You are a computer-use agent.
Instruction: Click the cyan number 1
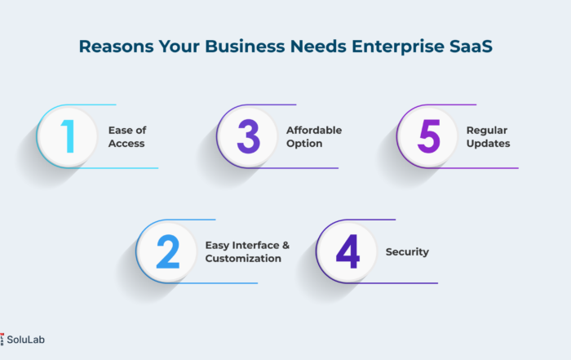[69, 136]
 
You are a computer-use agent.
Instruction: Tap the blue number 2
[168, 251]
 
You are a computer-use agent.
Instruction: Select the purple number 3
[248, 136]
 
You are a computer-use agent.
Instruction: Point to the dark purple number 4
[347, 251]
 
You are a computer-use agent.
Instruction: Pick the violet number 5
[428, 136]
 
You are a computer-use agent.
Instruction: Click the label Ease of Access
[127, 136]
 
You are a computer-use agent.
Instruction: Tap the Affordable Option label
[314, 136]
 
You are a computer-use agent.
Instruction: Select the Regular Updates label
[488, 137]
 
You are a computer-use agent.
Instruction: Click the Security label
[407, 251]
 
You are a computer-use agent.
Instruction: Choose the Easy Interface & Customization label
[247, 251]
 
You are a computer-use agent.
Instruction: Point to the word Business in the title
[245, 47]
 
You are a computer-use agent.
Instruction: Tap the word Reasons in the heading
[116, 47]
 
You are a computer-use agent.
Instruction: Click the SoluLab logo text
[25, 340]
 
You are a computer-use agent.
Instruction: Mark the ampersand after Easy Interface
[285, 245]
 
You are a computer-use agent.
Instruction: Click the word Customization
[243, 258]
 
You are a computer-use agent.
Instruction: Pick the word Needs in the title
[318, 47]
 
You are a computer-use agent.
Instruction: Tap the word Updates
[488, 144]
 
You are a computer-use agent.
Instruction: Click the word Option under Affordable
[304, 144]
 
